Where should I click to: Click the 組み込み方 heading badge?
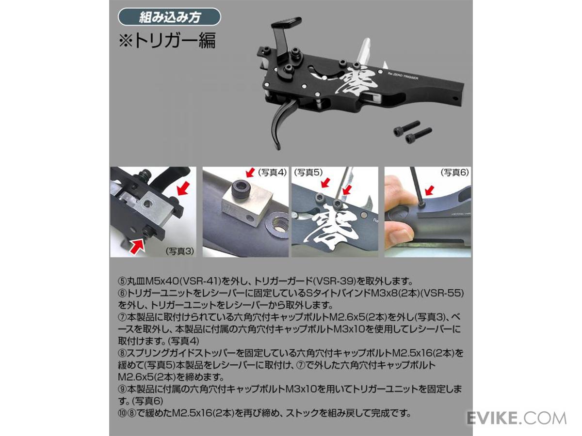(169, 17)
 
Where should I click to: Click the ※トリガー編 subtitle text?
(167, 41)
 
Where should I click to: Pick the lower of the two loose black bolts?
(419, 135)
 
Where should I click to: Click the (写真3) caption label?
(180, 251)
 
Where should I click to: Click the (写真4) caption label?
(272, 172)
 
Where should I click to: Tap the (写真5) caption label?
(308, 172)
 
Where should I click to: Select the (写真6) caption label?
(455, 172)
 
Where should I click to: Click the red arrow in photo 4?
(250, 172)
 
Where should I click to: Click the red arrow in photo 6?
(430, 190)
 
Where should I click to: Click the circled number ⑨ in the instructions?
(123, 389)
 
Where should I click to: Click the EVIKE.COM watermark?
(517, 418)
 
